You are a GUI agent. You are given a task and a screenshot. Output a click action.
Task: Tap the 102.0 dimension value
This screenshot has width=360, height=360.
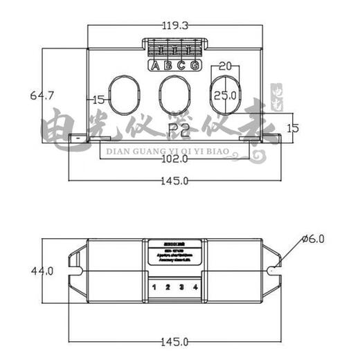(174, 159)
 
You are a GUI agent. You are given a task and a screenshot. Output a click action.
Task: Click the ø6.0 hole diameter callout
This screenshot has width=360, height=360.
(314, 239)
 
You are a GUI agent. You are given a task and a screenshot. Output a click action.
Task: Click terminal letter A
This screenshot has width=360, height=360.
(155, 66)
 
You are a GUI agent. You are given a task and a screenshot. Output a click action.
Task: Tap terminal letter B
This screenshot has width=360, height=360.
(168, 66)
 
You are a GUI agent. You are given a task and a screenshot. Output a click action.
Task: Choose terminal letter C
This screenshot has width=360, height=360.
(181, 66)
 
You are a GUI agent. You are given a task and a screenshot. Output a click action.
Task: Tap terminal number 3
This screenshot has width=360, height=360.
(182, 287)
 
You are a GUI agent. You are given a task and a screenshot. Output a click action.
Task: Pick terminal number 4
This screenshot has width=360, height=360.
(196, 287)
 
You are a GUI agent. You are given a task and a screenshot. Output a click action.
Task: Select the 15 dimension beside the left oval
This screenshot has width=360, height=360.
(98, 100)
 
